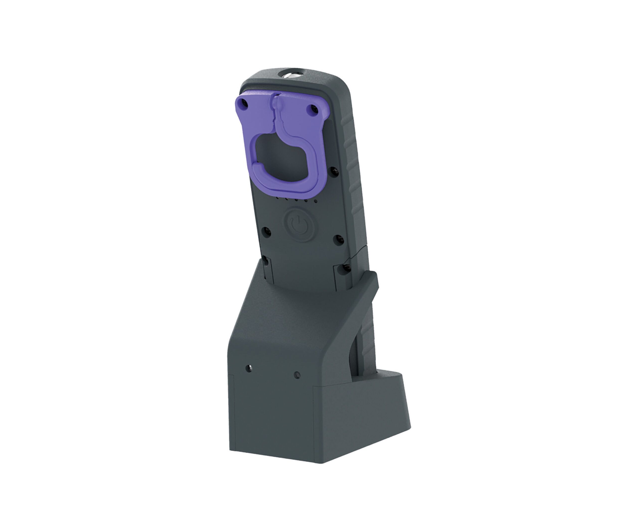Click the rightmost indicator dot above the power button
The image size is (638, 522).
click(x=315, y=201)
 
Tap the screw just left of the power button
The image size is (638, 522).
click(x=266, y=232)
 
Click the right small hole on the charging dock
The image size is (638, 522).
click(x=297, y=375)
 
